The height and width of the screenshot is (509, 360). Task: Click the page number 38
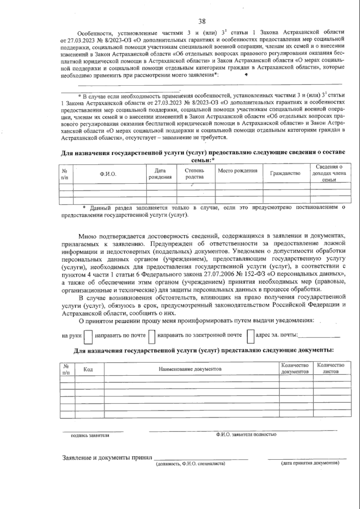[x=202, y=21]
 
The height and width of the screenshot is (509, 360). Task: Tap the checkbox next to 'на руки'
[x=88, y=337]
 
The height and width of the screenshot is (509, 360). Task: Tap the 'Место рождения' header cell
[x=238, y=171]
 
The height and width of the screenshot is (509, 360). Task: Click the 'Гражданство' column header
[x=285, y=173]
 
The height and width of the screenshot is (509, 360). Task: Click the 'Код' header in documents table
[x=88, y=369]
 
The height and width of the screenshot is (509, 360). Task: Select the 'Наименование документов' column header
[x=190, y=369]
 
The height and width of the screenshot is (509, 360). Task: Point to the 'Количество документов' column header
[x=295, y=368]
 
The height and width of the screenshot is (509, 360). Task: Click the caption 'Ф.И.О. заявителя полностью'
[x=246, y=434]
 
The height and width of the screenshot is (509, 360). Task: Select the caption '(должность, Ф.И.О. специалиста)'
[x=190, y=472]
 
